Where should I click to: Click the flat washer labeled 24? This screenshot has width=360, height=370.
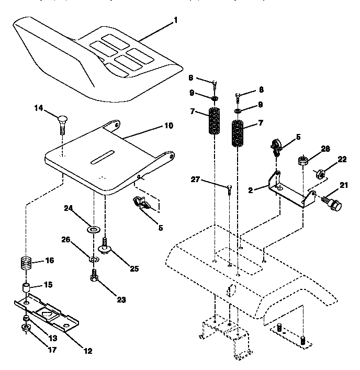[94, 229]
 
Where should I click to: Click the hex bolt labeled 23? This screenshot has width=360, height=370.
[94, 276]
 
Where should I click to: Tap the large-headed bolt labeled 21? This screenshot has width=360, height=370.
[331, 204]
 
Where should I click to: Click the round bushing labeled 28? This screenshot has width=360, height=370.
[302, 160]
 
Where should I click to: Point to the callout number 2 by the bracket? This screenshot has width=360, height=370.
[251, 190]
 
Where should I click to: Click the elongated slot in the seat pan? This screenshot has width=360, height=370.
[104, 156]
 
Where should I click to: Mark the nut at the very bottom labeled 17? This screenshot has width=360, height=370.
[25, 329]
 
